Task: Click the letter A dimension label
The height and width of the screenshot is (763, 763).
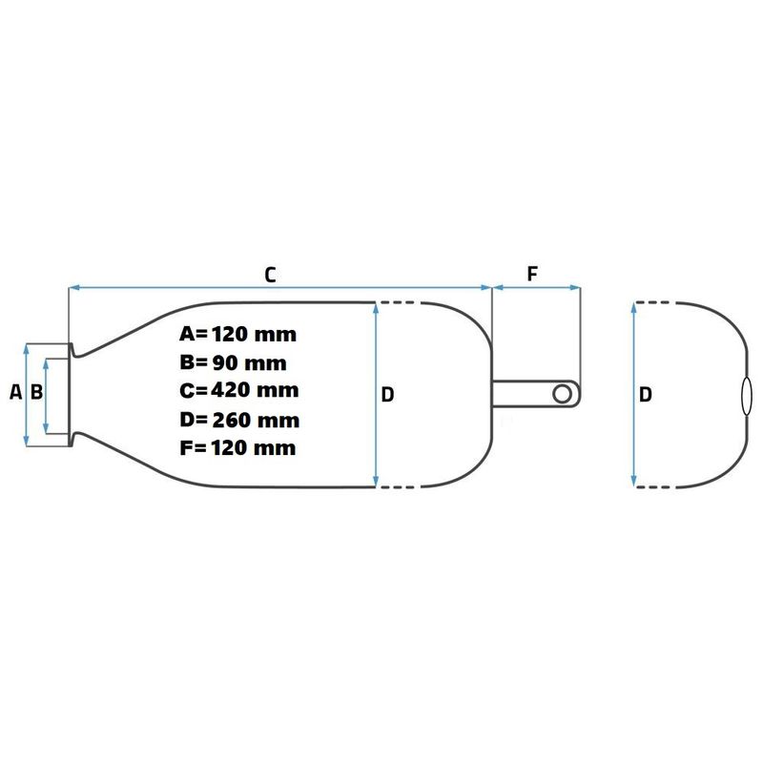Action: click(x=15, y=392)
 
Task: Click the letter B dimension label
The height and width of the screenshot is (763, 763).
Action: click(x=36, y=392)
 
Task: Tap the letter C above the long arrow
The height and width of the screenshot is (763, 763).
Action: click(x=270, y=275)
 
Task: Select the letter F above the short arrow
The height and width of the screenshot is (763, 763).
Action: click(x=532, y=274)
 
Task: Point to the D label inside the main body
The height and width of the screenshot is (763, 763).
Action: click(x=387, y=395)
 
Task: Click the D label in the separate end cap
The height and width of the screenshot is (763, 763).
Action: click(x=646, y=395)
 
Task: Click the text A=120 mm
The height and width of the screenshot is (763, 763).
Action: click(x=237, y=335)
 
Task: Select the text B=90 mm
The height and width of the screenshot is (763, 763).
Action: click(x=233, y=363)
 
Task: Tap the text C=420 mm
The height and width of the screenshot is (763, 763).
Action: click(x=239, y=390)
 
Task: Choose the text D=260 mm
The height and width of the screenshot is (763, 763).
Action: click(x=239, y=420)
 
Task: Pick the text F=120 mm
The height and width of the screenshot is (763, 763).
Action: click(x=237, y=447)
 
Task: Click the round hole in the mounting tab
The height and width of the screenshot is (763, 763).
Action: click(x=563, y=394)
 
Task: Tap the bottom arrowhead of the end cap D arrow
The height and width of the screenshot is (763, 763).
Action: click(x=633, y=481)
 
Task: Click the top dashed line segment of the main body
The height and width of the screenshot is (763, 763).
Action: click(x=397, y=303)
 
